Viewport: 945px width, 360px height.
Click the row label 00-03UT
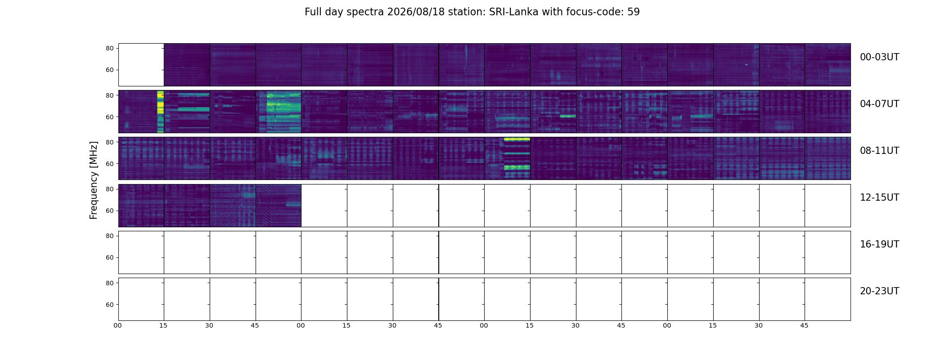pyautogui.click(x=879, y=57)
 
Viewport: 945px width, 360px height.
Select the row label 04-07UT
pyautogui.click(x=879, y=104)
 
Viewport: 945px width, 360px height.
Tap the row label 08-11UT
pyautogui.click(x=879, y=151)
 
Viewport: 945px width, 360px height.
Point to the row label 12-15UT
pyautogui.click(x=879, y=198)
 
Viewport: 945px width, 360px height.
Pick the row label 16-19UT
pyautogui.click(x=879, y=244)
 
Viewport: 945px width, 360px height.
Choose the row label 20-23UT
pyautogui.click(x=879, y=291)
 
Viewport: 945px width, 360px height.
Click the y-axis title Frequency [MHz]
pyautogui.click(x=94, y=180)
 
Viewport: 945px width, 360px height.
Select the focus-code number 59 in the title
pyautogui.click(x=634, y=12)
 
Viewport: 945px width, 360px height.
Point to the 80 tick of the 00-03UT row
pyautogui.click(x=109, y=49)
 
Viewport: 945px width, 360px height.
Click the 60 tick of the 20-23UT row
pyautogui.click(x=109, y=305)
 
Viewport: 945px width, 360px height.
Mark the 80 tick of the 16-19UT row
pyautogui.click(x=109, y=236)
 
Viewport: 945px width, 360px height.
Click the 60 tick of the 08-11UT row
pyautogui.click(x=109, y=164)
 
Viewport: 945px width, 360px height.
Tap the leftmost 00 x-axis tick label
pyautogui.click(x=117, y=325)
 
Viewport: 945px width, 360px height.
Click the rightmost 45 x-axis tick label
pyautogui.click(x=804, y=325)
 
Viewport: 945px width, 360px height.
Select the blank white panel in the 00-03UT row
pyautogui.click(x=141, y=65)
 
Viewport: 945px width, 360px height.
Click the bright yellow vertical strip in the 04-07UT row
pyautogui.click(x=160, y=112)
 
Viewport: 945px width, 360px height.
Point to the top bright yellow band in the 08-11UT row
pyautogui.click(x=517, y=139)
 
